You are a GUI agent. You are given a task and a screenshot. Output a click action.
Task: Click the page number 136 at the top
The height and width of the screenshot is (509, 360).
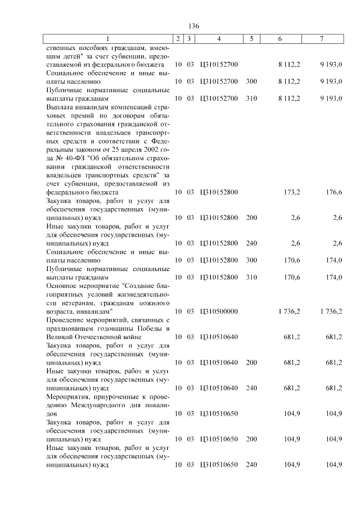pos(194,26)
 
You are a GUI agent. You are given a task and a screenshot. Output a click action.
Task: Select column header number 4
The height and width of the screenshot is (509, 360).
pos(219,38)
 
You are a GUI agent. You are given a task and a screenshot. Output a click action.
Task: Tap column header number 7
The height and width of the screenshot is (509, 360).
pos(321,38)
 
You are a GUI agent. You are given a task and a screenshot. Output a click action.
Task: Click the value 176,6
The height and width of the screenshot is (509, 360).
pos(334,192)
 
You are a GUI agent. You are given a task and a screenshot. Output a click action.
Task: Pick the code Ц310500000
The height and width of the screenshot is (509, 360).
pos(219,310)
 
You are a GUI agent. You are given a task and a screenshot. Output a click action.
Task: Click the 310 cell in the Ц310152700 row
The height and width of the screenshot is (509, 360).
pos(251,98)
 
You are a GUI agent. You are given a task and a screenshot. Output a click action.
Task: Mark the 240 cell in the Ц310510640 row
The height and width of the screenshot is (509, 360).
pos(251,388)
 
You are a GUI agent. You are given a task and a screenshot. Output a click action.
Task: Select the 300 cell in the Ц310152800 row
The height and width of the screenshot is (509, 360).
pos(251,260)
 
